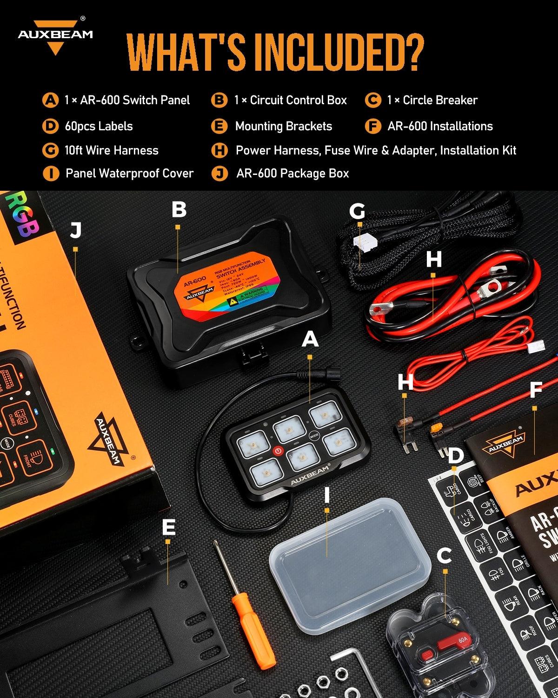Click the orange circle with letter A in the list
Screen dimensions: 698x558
[50, 100]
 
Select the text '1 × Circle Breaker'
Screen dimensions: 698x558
[432, 100]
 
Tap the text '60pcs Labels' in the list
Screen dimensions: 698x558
[99, 126]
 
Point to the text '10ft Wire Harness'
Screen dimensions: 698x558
[111, 150]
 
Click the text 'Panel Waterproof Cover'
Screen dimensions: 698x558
[129, 174]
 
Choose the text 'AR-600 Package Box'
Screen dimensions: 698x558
[292, 174]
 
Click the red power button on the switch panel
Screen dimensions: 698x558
[278, 450]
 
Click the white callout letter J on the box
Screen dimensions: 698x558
[76, 231]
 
